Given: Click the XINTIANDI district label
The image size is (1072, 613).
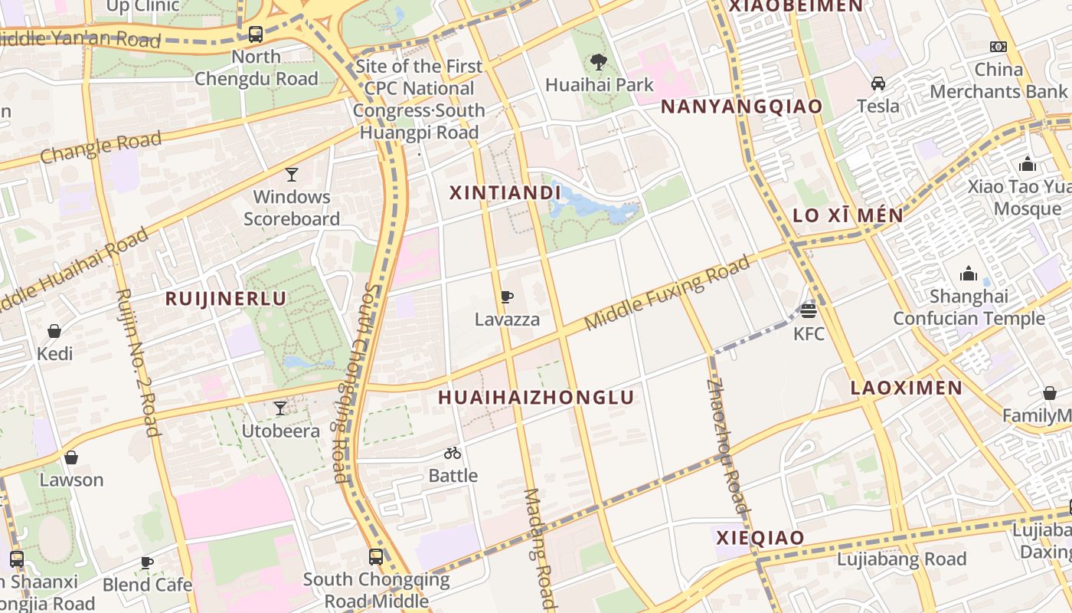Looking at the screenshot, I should pos(500,193).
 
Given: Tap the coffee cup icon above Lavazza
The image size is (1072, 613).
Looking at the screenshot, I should pos(506,297).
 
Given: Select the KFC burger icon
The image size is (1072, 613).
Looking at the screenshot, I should pos(808,311).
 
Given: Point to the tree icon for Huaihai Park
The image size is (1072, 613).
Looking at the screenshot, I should pos(599,62).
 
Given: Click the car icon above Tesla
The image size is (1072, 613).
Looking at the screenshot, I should pos(878,84).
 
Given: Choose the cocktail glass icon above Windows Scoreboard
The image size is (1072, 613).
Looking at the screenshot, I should pos(292,175).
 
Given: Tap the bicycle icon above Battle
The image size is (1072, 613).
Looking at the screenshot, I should pos(453,453).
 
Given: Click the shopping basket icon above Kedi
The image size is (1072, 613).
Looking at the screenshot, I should pos(54,331).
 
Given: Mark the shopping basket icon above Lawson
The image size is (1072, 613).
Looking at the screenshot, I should pos(71,457).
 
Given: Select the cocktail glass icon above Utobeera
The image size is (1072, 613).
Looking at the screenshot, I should pos(280,408).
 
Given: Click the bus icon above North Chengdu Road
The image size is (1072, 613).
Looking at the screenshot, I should pos(256,34).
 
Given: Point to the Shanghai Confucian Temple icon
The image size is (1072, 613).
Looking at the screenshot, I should pos(969,274).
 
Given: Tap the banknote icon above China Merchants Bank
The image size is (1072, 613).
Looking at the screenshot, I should pos(998,47).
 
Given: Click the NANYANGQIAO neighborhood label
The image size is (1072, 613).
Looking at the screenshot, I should pos(741,107).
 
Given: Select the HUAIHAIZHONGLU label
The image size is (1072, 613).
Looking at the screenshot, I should pos(536,397).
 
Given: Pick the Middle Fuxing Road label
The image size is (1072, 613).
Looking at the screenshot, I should pos(667,293).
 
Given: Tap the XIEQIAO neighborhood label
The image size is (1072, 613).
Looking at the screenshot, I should pos(760,538).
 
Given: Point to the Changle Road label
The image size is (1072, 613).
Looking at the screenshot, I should pos(101,147).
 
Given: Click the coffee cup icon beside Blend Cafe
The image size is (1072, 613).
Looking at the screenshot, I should pos(147,562).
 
